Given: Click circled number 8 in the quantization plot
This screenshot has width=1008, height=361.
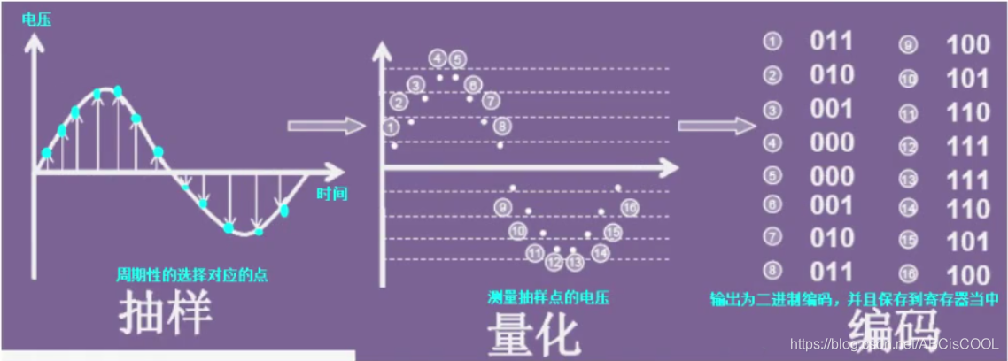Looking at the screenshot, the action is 502,126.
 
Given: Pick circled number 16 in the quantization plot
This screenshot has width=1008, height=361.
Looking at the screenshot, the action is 630,208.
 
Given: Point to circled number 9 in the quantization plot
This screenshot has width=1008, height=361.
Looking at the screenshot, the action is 504,208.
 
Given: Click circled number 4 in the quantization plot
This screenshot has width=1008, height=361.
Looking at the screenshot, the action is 438,59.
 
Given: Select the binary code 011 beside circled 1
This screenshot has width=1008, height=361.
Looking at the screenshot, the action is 832,42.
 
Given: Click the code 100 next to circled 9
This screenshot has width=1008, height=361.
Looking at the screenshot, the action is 967,44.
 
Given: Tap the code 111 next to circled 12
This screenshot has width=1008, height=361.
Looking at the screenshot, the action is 967,145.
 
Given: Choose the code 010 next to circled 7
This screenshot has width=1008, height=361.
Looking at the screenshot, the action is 832,238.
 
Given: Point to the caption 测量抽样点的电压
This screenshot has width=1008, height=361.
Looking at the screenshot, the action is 548,296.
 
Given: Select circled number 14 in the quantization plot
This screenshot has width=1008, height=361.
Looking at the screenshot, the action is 601,253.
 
